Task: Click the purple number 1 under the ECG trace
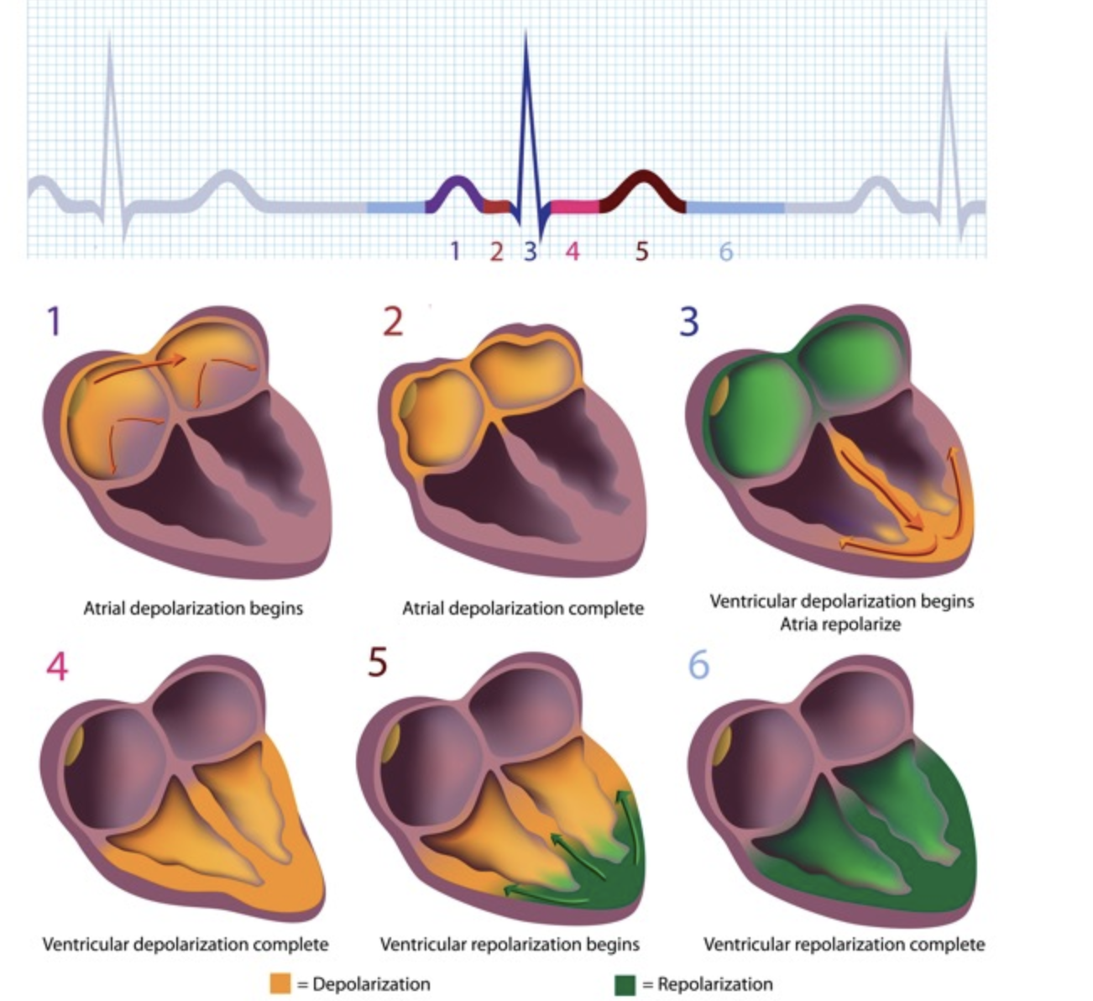[455, 250]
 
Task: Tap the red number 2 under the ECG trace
[496, 250]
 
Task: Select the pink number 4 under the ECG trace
[573, 250]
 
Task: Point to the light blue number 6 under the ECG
[726, 251]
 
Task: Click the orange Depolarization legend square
[280, 984]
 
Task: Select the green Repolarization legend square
[625, 984]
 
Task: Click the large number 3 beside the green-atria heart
[688, 321]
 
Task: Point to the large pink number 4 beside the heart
[57, 666]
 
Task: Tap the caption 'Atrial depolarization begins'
[193, 608]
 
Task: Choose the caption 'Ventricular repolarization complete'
[844, 945]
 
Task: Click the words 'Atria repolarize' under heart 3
[840, 625]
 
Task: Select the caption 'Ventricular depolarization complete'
[186, 945]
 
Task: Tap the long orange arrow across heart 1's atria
[139, 367]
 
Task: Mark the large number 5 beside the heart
[378, 663]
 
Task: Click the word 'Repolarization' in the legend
[714, 984]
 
